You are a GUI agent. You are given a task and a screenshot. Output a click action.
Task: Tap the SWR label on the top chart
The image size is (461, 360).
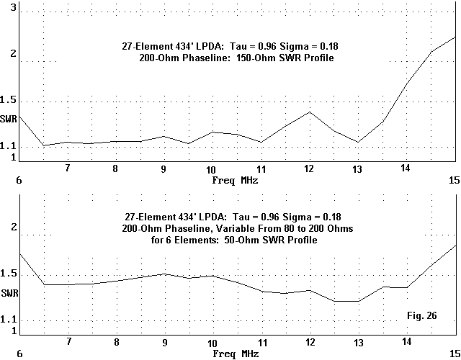[9, 118]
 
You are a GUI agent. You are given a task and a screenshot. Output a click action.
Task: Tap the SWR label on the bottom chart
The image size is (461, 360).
[9, 293]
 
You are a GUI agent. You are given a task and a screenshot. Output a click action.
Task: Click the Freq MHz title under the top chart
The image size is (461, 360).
[235, 180]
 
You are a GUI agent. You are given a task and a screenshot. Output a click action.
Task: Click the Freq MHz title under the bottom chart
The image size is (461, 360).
[235, 354]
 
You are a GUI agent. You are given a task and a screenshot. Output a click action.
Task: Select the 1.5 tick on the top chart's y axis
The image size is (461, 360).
[9, 101]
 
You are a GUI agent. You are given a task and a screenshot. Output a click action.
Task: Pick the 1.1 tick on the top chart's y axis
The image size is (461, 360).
[9, 147]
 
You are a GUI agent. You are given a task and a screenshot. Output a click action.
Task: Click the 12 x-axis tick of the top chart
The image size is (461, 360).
[309, 168]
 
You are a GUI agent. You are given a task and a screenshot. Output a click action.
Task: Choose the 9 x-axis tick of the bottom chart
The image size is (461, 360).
[164, 342]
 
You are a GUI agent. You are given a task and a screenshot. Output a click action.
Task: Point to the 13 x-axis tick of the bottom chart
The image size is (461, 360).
[357, 342]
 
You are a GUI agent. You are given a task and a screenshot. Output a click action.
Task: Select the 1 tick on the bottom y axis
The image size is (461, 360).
[13, 330]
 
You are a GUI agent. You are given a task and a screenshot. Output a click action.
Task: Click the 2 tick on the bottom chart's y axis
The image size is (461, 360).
[13, 227]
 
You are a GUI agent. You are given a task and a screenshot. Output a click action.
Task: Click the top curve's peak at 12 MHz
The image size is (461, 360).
[309, 112]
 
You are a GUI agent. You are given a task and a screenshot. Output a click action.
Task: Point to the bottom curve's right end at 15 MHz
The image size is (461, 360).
[455, 246]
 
